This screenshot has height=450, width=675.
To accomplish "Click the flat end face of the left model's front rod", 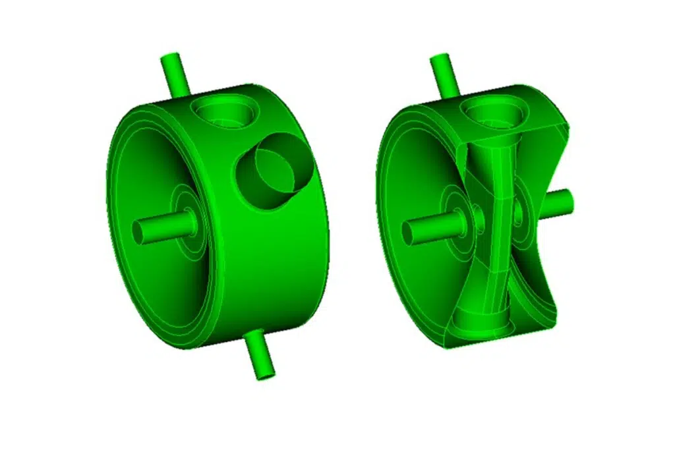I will coord(140,232).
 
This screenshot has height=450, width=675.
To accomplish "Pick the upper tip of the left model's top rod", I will coord(169,58).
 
